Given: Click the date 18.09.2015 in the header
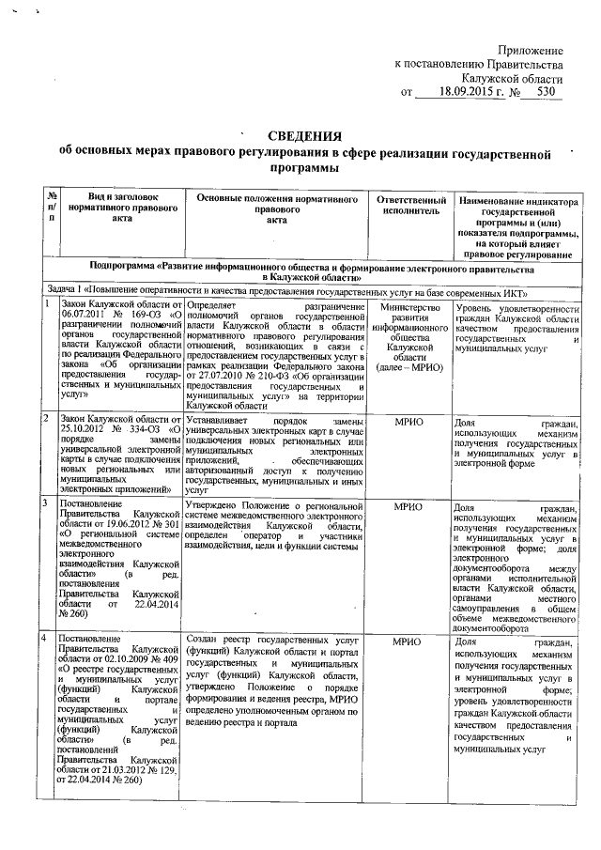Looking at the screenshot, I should coord(457,93).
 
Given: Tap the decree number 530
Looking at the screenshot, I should coord(545,93).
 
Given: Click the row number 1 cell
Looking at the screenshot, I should coord(44,305).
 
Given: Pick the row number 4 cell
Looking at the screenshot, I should coord(44,639).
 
